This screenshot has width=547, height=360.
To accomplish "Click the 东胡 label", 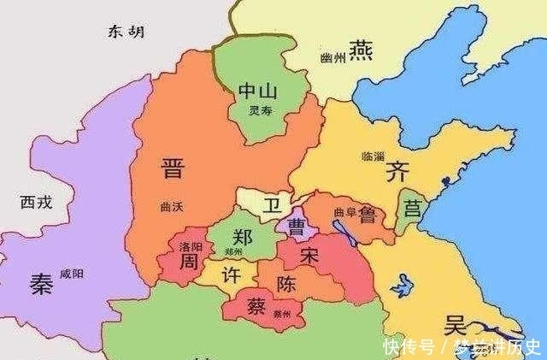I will coord(126,32).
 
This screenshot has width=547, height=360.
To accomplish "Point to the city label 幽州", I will coord(331,57).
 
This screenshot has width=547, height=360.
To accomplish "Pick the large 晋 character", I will coord(172,167).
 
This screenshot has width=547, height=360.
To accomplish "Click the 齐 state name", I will coord(397,171).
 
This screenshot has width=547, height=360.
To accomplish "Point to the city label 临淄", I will coord(373,156).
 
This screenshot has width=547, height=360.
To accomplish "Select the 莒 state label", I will coord(414,208).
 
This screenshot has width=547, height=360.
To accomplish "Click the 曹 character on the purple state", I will coord(298,227).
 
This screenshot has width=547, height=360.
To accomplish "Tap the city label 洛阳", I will coord(191,246).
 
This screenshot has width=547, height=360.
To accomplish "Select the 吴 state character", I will coord(454,325).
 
